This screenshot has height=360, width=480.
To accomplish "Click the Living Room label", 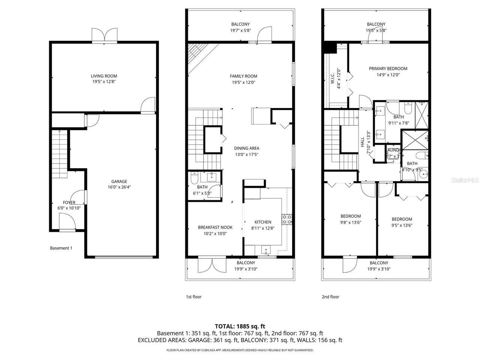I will [104, 76].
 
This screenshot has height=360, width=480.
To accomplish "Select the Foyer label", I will [69, 202].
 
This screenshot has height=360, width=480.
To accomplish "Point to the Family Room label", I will [243, 76].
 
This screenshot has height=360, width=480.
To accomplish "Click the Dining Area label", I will [246, 148].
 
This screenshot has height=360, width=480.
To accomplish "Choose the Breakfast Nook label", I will [215, 227].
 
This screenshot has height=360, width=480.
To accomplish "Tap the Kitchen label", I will [262, 222].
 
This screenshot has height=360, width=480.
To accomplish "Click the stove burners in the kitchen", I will [287, 219].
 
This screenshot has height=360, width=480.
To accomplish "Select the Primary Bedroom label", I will [388, 69].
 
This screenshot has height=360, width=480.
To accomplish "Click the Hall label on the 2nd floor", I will [363, 142].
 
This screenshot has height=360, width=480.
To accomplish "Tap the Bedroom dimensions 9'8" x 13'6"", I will [351, 222].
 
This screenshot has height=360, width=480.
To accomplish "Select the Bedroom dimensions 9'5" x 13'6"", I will [402, 225].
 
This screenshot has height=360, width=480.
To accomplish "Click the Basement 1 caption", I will [61, 248].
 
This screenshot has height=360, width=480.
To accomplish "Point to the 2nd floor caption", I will [330, 297].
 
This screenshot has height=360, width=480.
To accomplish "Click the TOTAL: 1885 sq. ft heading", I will [240, 326].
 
